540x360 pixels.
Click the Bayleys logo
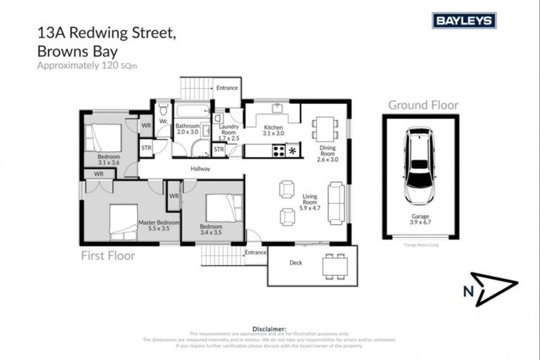pyautogui.click(x=463, y=20)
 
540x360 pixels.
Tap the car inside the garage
pyautogui.click(x=420, y=167)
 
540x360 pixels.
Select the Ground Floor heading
pyautogui.click(x=423, y=105)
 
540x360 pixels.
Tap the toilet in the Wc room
pyautogui.click(x=163, y=110)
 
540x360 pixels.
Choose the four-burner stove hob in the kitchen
pyautogui.click(x=278, y=150)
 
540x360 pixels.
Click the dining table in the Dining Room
pyautogui.click(x=325, y=129)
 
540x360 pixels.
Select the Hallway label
pyautogui.click(x=200, y=169)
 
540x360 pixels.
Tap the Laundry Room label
pyautogui.click(x=229, y=132)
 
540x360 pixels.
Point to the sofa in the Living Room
pyautogui.click(x=336, y=202)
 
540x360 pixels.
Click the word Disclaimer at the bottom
pyautogui.click(x=269, y=328)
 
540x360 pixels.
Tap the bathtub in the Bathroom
pyautogui.click(x=192, y=110)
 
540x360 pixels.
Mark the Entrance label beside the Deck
pyautogui.click(x=255, y=252)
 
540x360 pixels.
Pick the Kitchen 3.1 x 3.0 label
pyautogui.click(x=273, y=129)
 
